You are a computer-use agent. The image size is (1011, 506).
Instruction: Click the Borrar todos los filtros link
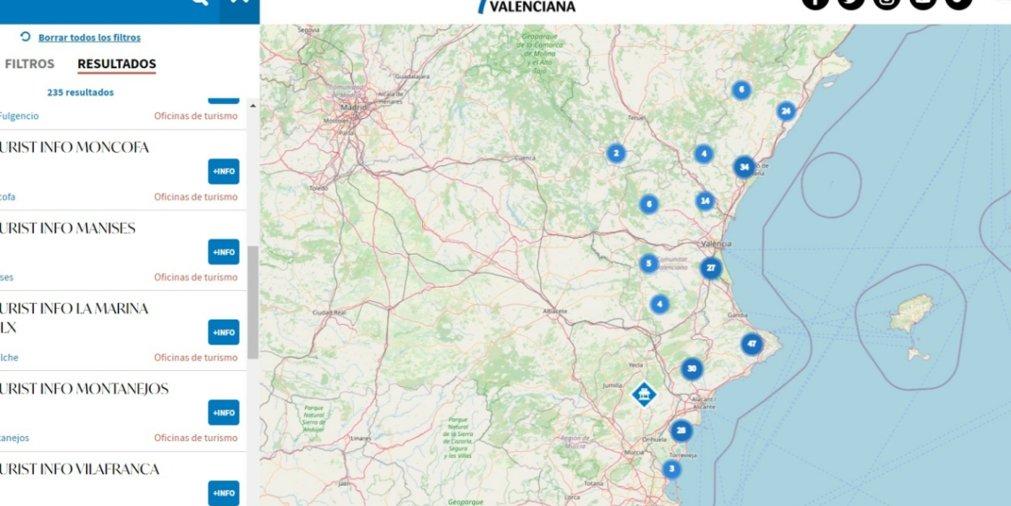tap(89, 37)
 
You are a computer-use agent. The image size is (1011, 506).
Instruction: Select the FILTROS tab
tap(29, 64)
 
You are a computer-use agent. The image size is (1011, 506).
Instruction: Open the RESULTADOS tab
tap(116, 64)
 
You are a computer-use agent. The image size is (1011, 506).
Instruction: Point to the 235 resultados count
tap(80, 92)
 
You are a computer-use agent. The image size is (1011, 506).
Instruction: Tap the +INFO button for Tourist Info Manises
tap(223, 252)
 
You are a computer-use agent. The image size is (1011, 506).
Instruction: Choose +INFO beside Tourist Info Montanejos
tap(223, 413)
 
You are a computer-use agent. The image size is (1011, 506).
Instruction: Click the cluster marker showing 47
tap(751, 344)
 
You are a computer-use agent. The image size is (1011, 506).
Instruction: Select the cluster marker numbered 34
tap(744, 167)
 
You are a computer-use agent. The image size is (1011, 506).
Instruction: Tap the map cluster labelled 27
tap(710, 268)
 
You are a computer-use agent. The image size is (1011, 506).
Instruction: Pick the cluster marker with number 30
tap(692, 369)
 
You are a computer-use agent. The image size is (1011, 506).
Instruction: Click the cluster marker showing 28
tap(680, 431)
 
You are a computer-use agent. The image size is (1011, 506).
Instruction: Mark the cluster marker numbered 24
tap(786, 111)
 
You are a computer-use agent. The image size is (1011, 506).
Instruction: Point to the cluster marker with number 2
tap(616, 154)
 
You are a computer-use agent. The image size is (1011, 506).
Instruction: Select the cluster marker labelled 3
tap(671, 469)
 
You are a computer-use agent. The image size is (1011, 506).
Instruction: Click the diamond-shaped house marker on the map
tap(644, 393)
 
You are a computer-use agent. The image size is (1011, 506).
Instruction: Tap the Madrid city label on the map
tap(354, 107)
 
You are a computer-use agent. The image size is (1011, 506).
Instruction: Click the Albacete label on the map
tap(556, 311)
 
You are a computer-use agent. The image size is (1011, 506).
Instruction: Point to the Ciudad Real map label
tap(327, 312)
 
